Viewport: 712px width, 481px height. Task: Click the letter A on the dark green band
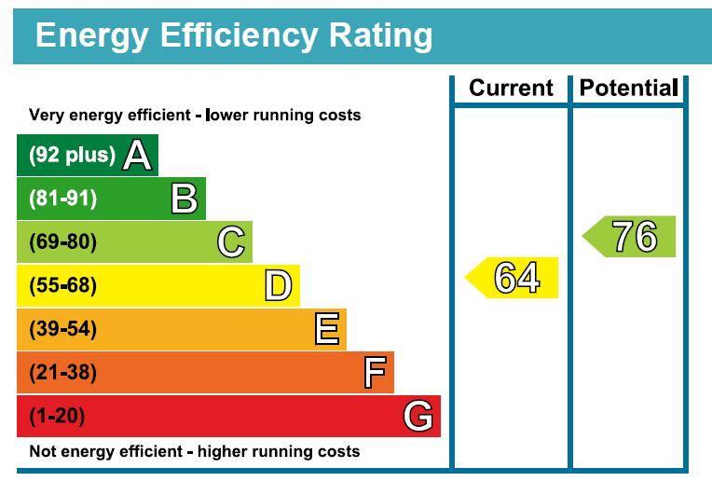(137, 155)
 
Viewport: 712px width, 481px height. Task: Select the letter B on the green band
(185, 199)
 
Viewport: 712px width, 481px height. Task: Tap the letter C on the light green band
(231, 242)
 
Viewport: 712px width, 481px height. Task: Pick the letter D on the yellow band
(278, 285)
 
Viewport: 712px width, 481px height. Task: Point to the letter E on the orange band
(326, 329)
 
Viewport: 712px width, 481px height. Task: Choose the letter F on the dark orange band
(374, 373)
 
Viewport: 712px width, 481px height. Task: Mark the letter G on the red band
(418, 416)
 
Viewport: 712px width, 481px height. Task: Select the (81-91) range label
(62, 199)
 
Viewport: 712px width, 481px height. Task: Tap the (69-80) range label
(62, 242)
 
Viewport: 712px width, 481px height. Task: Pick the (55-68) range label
(62, 285)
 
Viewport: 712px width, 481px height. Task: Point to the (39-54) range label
(62, 329)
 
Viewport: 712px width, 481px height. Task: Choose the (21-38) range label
(62, 373)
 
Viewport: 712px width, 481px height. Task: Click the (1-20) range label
(57, 416)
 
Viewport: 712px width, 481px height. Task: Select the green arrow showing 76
(631, 237)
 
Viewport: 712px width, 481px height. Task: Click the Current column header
(511, 89)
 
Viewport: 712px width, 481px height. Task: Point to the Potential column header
(628, 89)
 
